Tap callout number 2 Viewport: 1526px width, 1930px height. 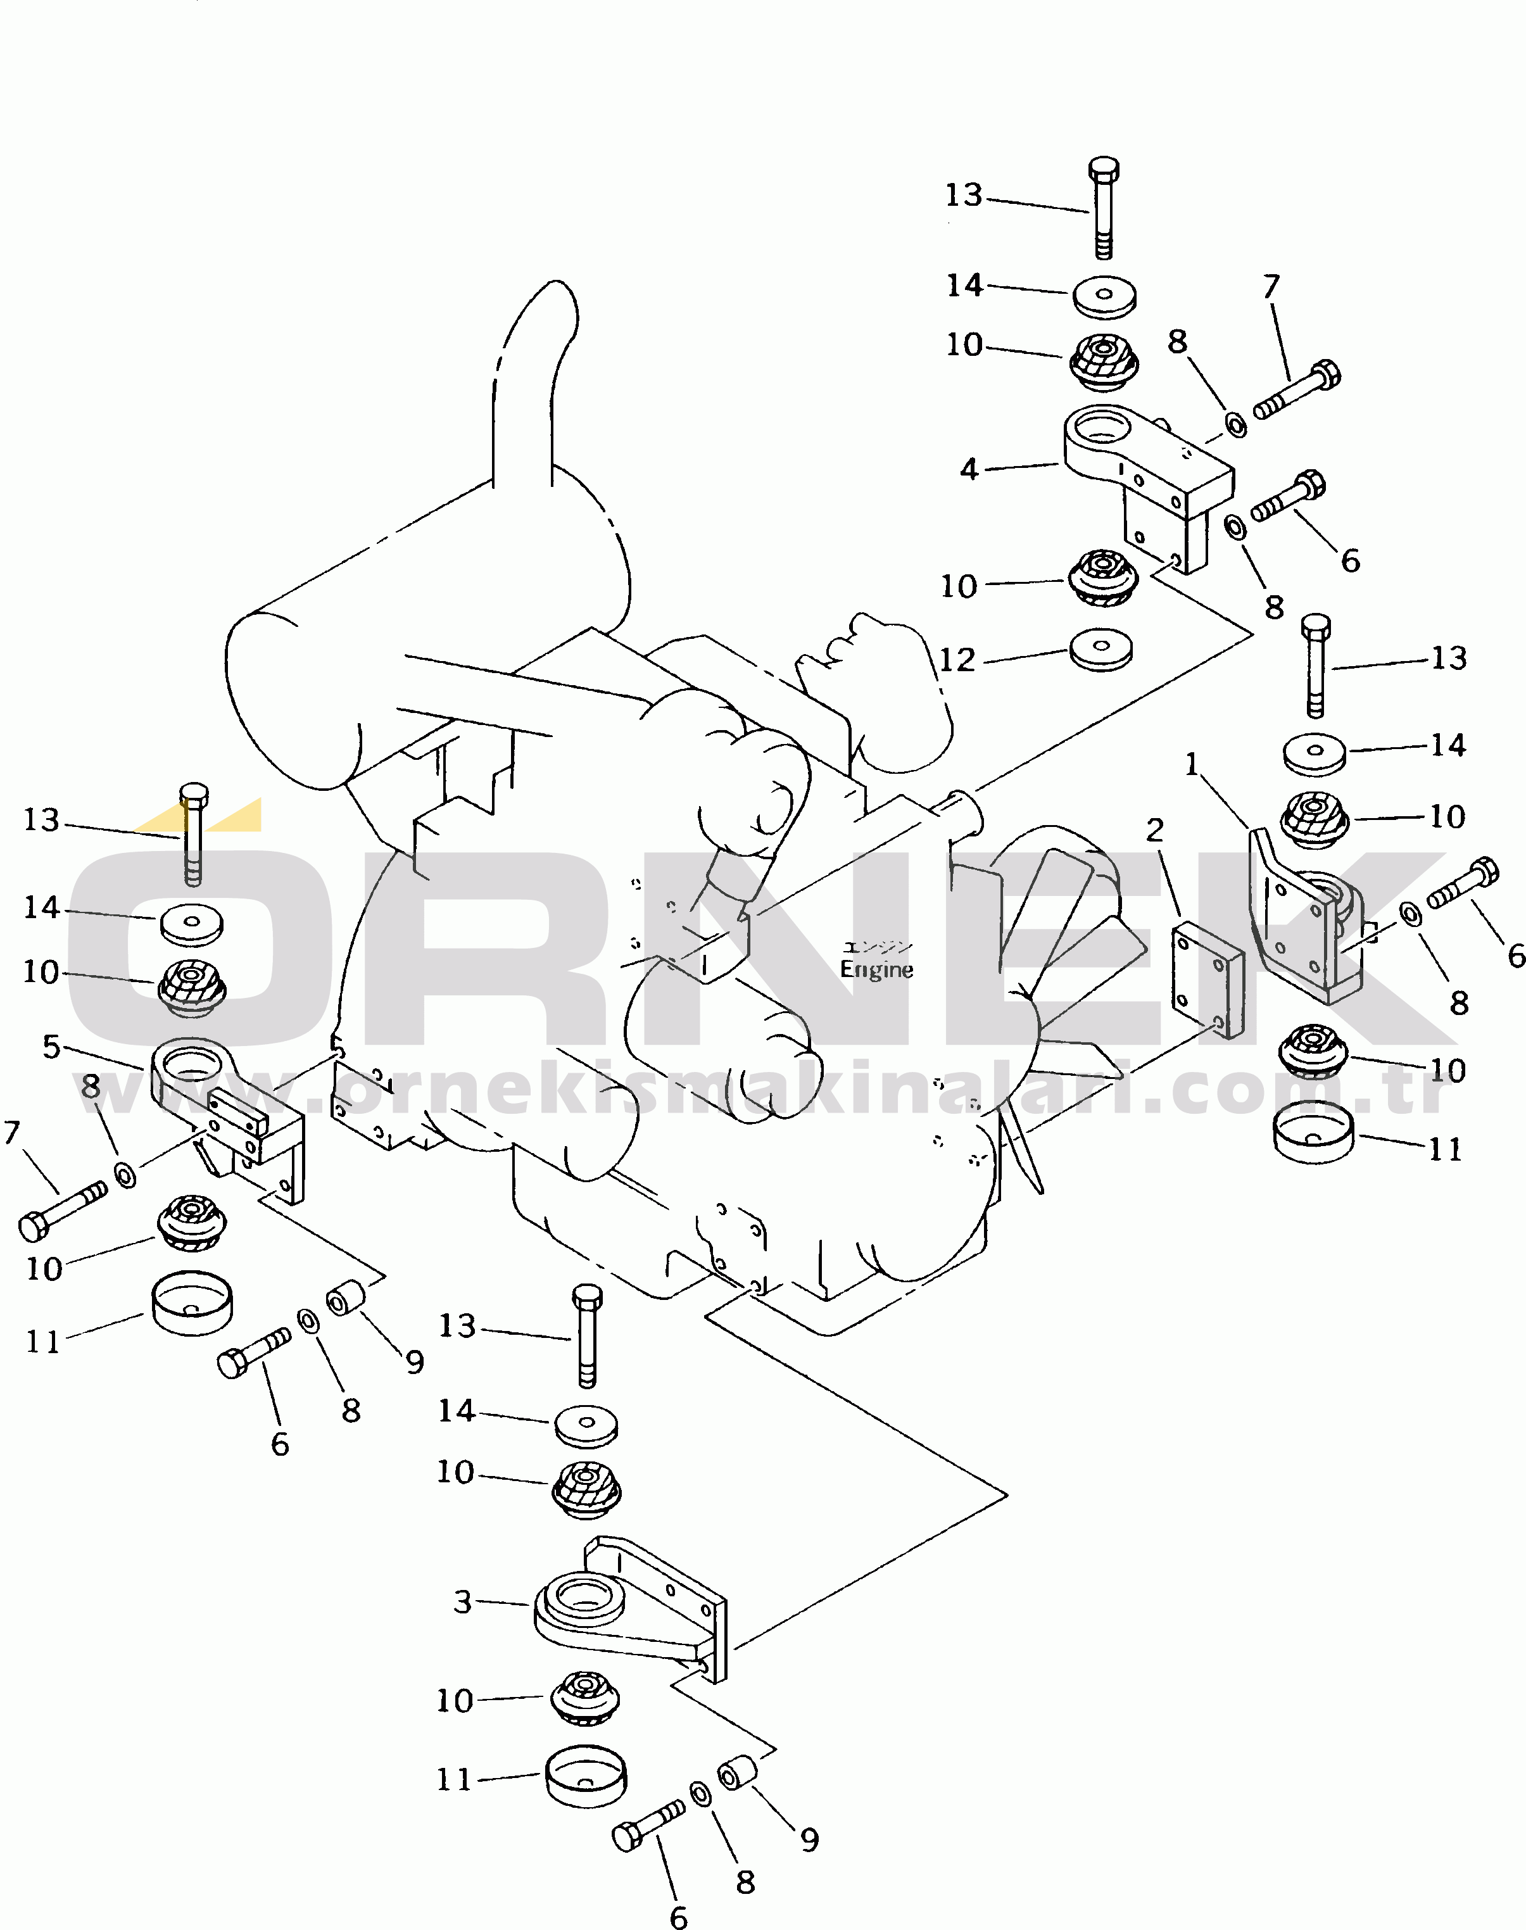tap(1155, 830)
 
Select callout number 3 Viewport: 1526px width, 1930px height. tap(462, 1601)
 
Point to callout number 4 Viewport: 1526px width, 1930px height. tap(969, 469)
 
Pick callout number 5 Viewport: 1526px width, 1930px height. tap(52, 1046)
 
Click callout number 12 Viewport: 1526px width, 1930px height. tap(957, 660)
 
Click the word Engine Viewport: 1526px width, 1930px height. tap(876, 969)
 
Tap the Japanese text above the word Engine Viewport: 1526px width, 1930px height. tap(878, 946)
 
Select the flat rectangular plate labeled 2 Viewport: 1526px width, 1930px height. tap(1207, 981)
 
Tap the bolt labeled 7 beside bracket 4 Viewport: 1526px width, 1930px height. tap(1296, 391)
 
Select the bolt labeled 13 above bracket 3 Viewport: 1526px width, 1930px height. tap(587, 1336)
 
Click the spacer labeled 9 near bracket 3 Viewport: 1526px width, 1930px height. tap(738, 1773)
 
